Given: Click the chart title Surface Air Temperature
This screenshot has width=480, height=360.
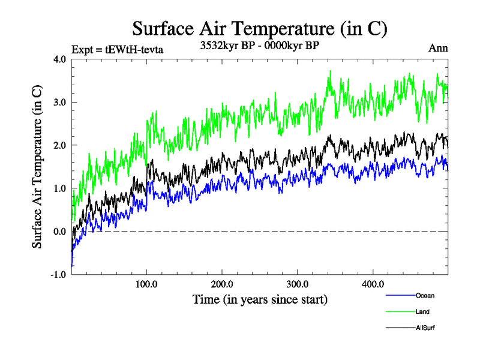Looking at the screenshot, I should pyautogui.click(x=259, y=28).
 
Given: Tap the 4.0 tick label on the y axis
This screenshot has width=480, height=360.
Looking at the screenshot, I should pyautogui.click(x=60, y=59).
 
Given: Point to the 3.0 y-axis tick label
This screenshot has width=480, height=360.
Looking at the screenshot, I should pyautogui.click(x=60, y=103).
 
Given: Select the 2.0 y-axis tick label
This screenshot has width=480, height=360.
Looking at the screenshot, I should pyautogui.click(x=60, y=146).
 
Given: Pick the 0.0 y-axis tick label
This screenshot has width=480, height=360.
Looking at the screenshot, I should pyautogui.click(x=60, y=232).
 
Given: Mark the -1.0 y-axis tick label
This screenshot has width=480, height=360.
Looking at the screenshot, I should pyautogui.click(x=59, y=275).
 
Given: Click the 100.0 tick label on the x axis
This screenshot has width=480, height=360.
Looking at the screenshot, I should pyautogui.click(x=147, y=284).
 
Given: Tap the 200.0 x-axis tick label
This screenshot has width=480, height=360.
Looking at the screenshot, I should pyautogui.click(x=222, y=284).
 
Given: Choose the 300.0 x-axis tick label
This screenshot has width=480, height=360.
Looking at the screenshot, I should pyautogui.click(x=298, y=284).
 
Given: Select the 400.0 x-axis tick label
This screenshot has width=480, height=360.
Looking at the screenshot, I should pyautogui.click(x=373, y=284).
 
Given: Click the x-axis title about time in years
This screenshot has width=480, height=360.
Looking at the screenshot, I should pyautogui.click(x=260, y=299).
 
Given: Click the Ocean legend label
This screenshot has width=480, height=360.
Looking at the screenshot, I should pyautogui.click(x=425, y=295).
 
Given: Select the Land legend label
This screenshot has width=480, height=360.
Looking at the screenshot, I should pyautogui.click(x=422, y=311).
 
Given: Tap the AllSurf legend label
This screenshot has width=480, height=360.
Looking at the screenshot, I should pyautogui.click(x=425, y=328).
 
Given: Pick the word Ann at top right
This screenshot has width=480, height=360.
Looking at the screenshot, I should pyautogui.click(x=438, y=49).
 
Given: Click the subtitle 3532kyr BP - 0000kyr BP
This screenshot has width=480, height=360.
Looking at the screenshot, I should pyautogui.click(x=259, y=44).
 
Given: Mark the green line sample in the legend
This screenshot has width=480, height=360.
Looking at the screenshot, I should pyautogui.click(x=400, y=311).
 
